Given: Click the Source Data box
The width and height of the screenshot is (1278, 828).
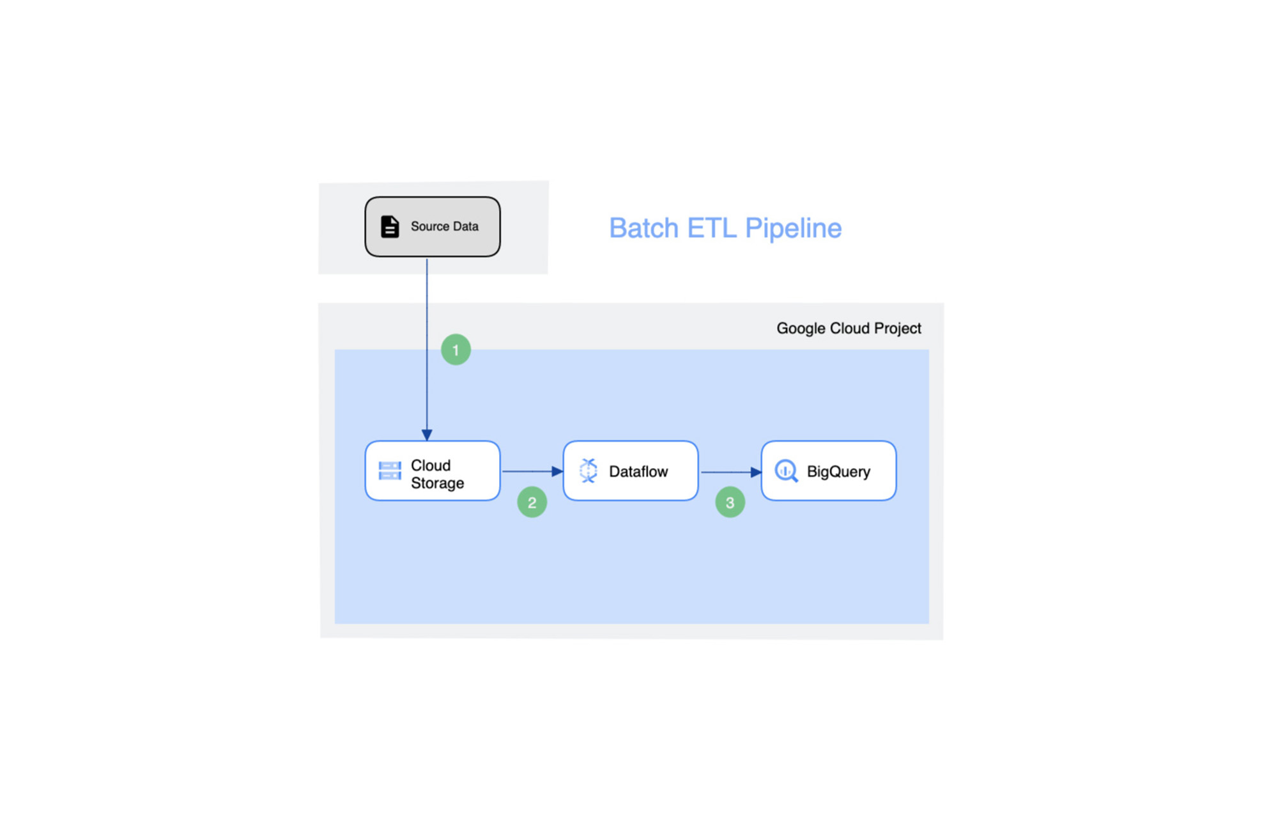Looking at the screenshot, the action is click(433, 226).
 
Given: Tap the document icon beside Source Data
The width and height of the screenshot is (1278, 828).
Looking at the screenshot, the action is click(390, 226).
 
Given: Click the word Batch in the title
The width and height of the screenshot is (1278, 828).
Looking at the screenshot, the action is click(643, 228).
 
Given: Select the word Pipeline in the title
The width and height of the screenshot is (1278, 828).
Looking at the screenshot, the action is click(793, 228).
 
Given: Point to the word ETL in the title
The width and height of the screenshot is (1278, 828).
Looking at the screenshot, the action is click(711, 228).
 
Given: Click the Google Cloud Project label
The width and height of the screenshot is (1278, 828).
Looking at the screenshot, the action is click(849, 329).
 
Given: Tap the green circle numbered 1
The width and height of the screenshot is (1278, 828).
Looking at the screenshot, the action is click(456, 350).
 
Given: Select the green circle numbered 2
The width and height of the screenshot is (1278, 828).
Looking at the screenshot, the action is click(532, 503).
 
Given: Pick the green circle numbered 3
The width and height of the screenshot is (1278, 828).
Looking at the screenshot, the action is click(730, 503).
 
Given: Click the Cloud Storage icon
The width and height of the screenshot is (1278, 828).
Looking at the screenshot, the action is click(390, 471).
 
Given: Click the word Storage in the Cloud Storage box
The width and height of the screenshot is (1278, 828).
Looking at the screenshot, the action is click(437, 483).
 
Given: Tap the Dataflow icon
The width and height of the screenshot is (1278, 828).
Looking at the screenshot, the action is click(588, 471).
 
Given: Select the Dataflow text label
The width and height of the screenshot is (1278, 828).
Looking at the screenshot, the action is click(638, 471).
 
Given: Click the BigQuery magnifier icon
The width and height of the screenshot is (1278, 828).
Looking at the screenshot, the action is click(786, 471).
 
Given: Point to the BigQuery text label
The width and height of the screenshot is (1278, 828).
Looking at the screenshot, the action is click(838, 472).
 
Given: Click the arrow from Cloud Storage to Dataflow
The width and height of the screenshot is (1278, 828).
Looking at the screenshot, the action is click(532, 471).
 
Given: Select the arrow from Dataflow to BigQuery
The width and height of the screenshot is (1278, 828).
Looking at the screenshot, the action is click(731, 472).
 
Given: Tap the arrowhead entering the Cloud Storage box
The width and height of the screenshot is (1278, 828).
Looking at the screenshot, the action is click(427, 435).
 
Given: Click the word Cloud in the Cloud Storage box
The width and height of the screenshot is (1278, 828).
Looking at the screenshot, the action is click(431, 465).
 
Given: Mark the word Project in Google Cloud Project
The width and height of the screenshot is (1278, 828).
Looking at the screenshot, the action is click(898, 329).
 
